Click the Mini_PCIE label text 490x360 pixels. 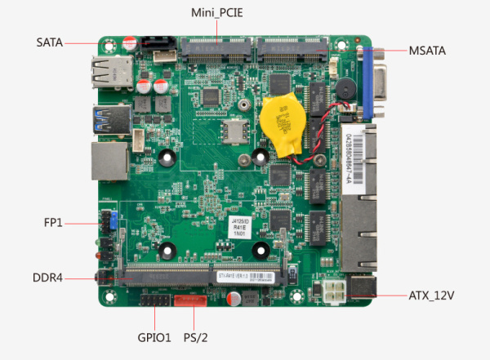(x=217, y=13)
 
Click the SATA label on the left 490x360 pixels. (x=49, y=41)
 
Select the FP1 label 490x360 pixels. (x=54, y=222)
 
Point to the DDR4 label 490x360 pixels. (x=48, y=278)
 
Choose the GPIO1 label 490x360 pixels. (x=154, y=337)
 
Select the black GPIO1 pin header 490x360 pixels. (x=154, y=301)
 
